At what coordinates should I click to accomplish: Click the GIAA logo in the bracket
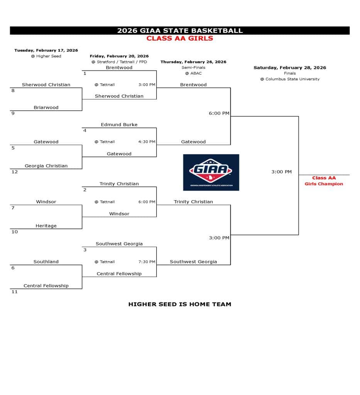point(211,172)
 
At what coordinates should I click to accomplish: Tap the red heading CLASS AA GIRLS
point(180,38)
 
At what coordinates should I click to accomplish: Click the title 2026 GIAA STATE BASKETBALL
point(180,30)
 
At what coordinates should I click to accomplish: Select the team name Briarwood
point(46,108)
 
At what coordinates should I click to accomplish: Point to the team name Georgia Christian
point(46,166)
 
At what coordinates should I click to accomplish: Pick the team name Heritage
point(46,226)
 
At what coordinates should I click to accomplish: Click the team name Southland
point(46,262)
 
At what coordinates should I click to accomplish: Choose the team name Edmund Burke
point(119,125)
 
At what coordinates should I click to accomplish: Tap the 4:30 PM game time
point(147,142)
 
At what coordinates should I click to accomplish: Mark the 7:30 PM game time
point(147,262)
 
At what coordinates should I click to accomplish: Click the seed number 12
point(15,172)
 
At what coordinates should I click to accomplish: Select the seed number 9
point(13,113)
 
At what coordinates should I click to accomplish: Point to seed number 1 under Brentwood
point(85,73)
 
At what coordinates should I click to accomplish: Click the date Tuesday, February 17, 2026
point(46,50)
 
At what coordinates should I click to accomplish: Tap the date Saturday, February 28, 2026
point(289,68)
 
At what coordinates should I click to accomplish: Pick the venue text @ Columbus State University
point(289,79)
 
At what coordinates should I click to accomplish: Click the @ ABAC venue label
point(193,73)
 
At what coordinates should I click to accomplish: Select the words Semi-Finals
point(193,68)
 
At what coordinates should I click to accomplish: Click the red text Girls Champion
point(323,184)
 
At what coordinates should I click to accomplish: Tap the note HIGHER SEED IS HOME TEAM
point(179,304)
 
